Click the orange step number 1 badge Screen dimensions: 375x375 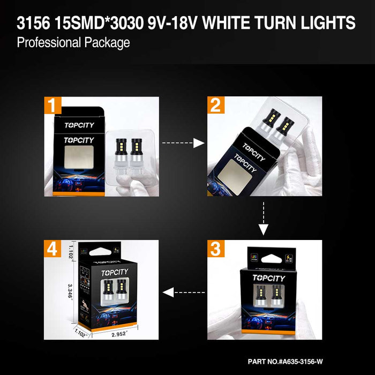point(51,105)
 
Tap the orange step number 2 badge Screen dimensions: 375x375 point(215,105)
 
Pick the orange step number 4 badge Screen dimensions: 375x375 point(51,248)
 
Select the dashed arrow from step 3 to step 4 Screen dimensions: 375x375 point(183,292)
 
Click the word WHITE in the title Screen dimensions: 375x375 point(238,23)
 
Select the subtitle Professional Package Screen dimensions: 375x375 point(73,43)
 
